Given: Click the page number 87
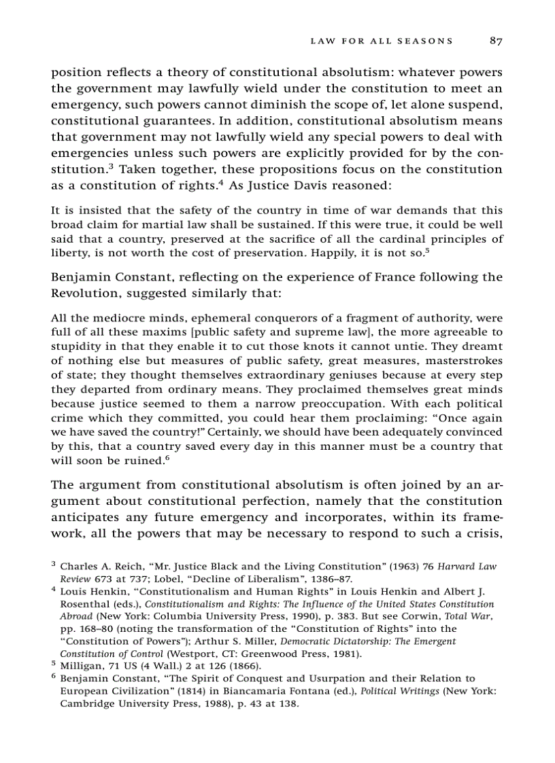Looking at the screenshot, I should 495,41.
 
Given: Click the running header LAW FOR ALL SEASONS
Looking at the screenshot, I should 381,41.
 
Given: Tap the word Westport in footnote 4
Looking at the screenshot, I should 186,654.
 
